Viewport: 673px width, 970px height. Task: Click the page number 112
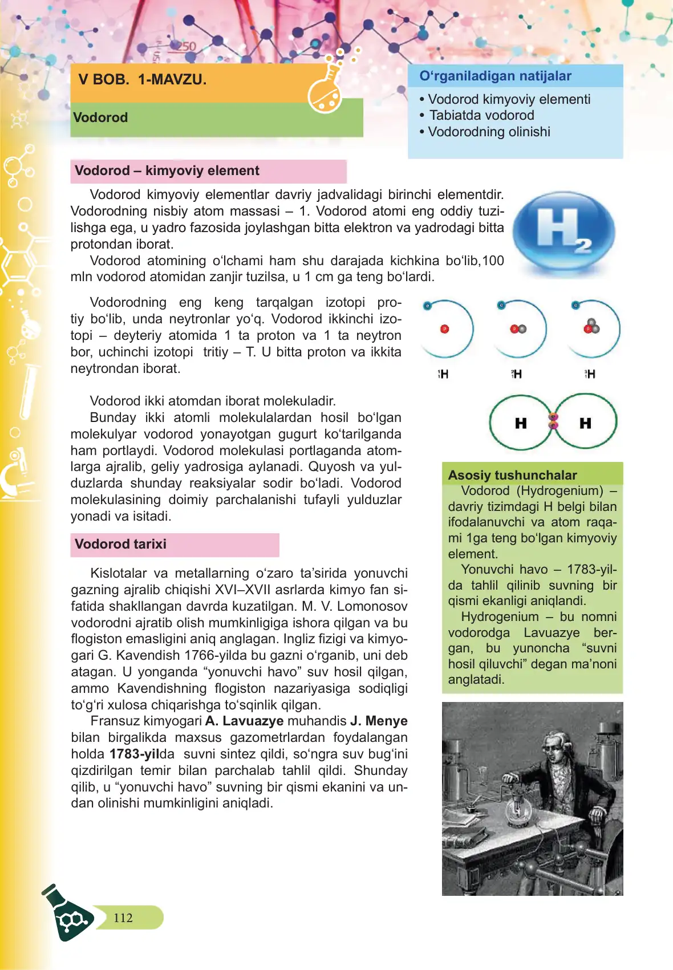point(123,918)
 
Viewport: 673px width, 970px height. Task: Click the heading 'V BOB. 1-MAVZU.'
point(143,80)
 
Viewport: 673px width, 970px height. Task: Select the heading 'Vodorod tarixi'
point(120,544)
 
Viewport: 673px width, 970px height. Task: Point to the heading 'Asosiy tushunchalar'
point(512,475)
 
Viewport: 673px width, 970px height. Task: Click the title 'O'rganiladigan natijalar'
point(495,76)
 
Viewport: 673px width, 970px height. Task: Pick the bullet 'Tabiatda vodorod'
point(481,115)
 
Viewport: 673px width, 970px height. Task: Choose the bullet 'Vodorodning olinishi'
point(489,132)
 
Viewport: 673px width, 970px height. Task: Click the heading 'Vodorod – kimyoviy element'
point(167,171)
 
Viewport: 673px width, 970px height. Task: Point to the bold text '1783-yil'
point(134,754)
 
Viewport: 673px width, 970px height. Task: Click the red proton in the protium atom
point(445,329)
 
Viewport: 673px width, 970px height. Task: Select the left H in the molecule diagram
point(521,423)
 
